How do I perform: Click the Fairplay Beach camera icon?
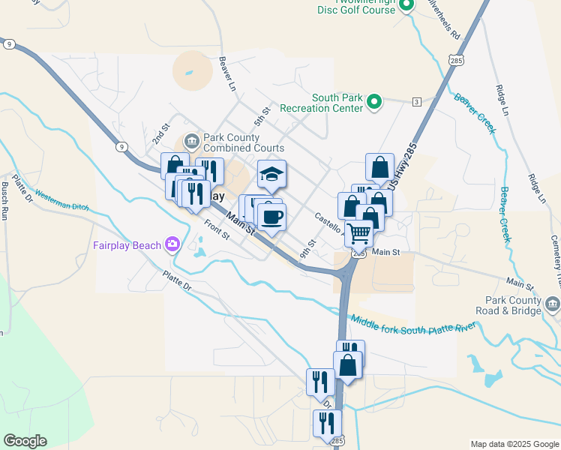click(x=173, y=243)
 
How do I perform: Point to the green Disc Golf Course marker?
click(x=406, y=5)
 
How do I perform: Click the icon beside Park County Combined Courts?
click(x=192, y=139)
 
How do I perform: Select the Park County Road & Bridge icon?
click(x=553, y=303)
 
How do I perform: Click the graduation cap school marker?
click(x=271, y=175)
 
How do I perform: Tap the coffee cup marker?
click(x=271, y=217)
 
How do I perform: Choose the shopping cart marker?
click(x=359, y=234)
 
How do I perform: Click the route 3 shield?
click(x=416, y=101)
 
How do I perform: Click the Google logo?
click(x=25, y=441)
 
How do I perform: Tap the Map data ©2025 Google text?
click(x=514, y=444)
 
